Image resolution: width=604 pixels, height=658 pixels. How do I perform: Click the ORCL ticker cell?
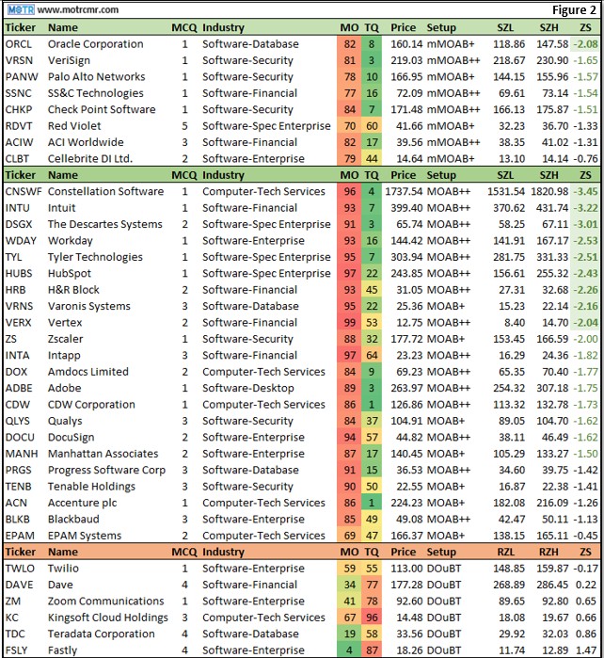click(x=19, y=44)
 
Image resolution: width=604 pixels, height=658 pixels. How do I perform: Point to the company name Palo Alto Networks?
click(x=97, y=77)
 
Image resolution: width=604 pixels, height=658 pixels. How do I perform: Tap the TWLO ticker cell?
click(x=20, y=569)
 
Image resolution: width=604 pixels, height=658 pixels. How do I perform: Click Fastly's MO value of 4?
click(x=350, y=650)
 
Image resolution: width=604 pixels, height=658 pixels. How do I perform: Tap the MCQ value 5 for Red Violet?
click(x=185, y=126)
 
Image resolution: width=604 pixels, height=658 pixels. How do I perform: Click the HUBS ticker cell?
click(x=20, y=273)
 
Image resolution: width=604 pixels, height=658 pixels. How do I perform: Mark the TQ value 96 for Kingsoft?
click(x=372, y=618)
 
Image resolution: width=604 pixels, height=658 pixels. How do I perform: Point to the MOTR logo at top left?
click(x=20, y=10)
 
